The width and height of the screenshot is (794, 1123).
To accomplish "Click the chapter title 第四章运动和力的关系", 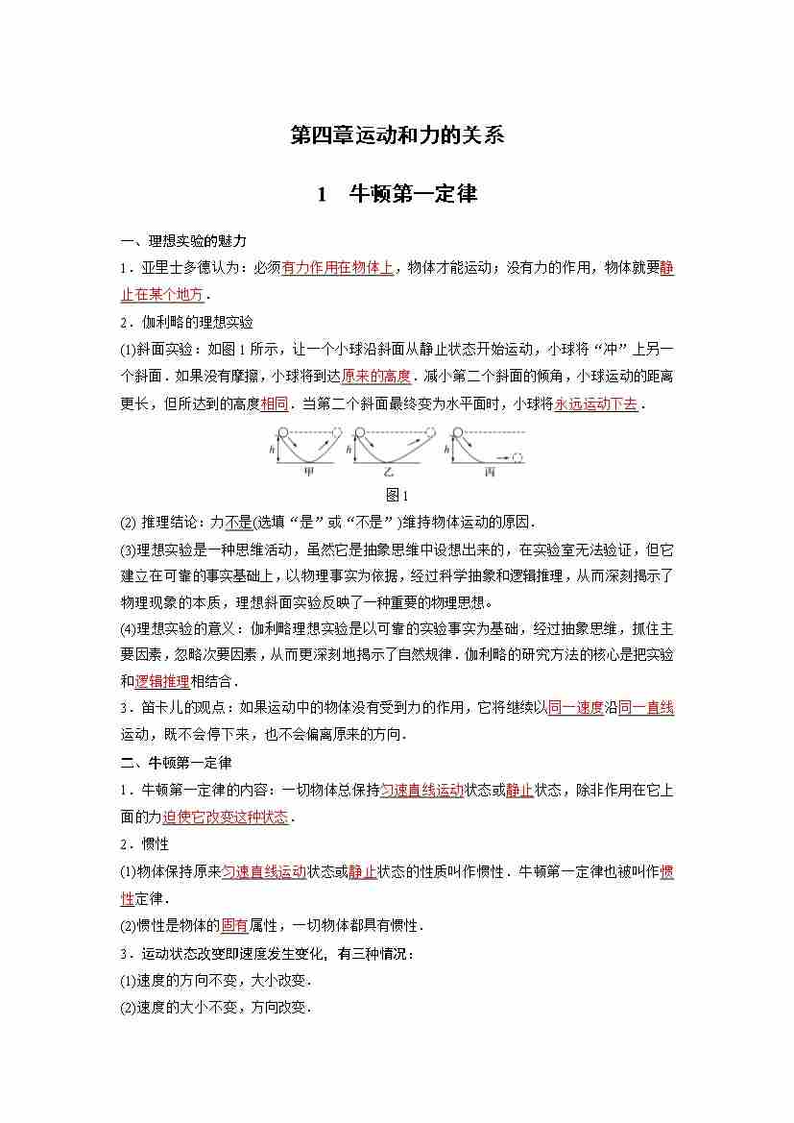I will (x=397, y=135).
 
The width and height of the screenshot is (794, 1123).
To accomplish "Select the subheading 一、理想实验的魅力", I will (x=182, y=241).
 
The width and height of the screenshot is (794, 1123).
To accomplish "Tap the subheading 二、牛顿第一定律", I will (x=176, y=763).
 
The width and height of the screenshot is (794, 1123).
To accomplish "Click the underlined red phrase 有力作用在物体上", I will (x=337, y=268).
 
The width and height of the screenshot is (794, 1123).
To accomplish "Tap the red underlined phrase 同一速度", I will (x=574, y=708).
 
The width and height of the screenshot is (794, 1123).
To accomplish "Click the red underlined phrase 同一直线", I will (x=645, y=708).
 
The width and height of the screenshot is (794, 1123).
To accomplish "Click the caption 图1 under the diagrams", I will (x=397, y=496).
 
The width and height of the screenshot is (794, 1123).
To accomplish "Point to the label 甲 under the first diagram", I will (x=309, y=474).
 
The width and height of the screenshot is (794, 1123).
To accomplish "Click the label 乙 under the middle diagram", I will (x=389, y=474).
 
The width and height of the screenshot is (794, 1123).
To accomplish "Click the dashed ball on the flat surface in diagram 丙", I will (x=518, y=457).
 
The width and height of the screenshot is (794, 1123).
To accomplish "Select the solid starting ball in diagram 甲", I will (x=280, y=434).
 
